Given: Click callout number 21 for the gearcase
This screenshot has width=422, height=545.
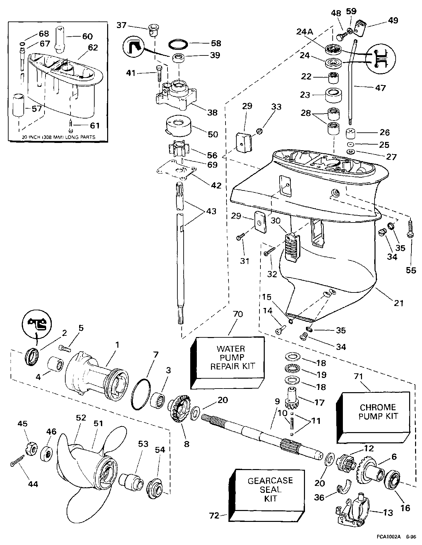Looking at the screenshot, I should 399,302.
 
